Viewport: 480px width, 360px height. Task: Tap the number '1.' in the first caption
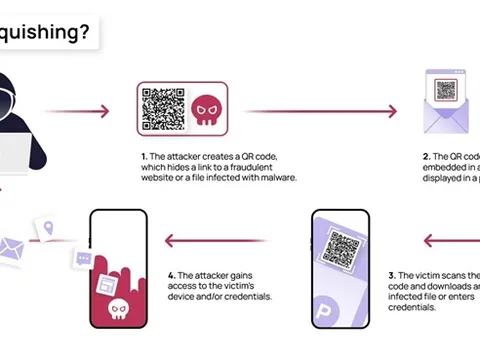click(144, 157)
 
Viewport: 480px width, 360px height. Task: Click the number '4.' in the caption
click(172, 274)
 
